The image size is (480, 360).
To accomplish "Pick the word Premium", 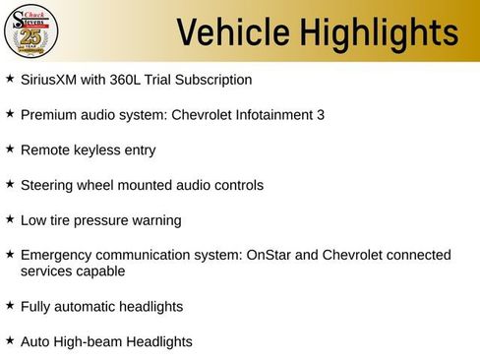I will pos(48,115).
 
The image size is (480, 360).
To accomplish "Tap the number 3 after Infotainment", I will pos(321,115).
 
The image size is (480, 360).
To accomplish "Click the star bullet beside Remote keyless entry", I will pos(10,150).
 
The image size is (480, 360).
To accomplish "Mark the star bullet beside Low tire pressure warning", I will pos(10,219).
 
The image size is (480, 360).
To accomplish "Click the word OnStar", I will pos(270,255).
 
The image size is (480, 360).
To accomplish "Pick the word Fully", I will pos(35,306).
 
